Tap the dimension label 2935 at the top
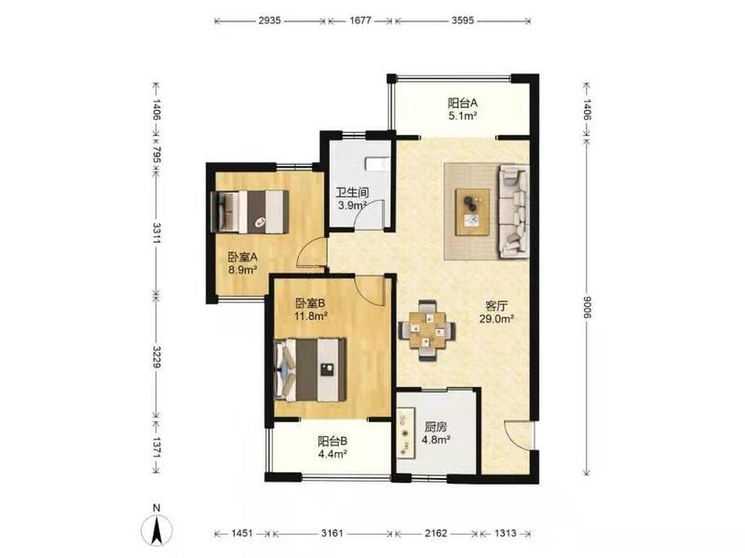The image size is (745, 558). [270, 20]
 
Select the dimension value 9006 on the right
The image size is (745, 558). [587, 307]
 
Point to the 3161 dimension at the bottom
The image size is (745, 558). [332, 533]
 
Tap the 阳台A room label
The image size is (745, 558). [462, 102]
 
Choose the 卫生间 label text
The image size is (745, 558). [352, 193]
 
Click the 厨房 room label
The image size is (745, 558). [436, 427]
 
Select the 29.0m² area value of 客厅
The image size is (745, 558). [496, 319]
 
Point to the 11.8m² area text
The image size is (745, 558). [311, 315]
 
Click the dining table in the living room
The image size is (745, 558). [427, 330]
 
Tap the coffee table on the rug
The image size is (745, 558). [472, 212]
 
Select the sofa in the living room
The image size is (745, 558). [513, 211]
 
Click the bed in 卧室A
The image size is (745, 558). [250, 212]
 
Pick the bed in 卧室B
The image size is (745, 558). [310, 369]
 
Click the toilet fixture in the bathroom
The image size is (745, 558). [377, 164]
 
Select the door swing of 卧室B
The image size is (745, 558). [371, 291]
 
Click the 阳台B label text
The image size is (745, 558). [332, 441]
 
